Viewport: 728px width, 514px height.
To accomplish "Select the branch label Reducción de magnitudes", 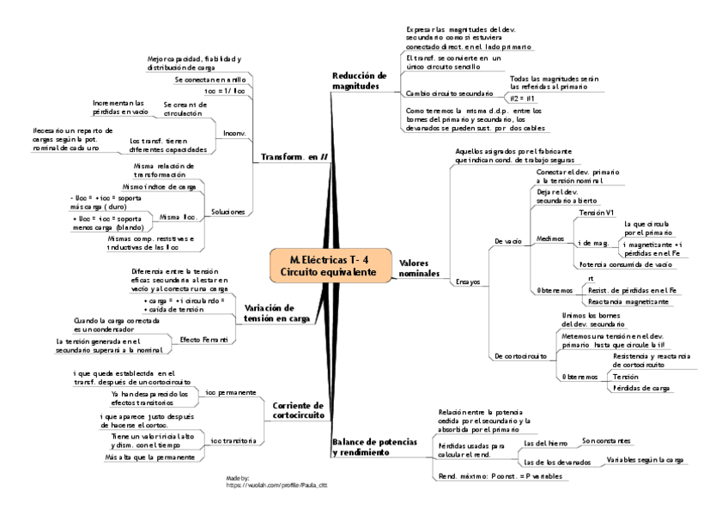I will tap(360, 81).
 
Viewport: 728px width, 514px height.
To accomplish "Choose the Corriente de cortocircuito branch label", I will tap(297, 410).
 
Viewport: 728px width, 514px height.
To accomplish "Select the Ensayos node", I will tap(468, 281).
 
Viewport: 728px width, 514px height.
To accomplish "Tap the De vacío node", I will tap(507, 241).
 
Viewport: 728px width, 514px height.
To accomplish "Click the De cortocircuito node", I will tap(520, 355).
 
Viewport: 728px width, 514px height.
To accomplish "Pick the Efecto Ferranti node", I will tap(203, 340).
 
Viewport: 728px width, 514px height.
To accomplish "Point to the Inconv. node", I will tap(234, 134).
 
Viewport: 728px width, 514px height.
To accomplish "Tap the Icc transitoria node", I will tap(234, 441).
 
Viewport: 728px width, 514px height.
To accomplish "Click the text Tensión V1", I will tap(597, 211).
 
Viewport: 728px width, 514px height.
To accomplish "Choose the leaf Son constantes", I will tap(607, 440).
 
